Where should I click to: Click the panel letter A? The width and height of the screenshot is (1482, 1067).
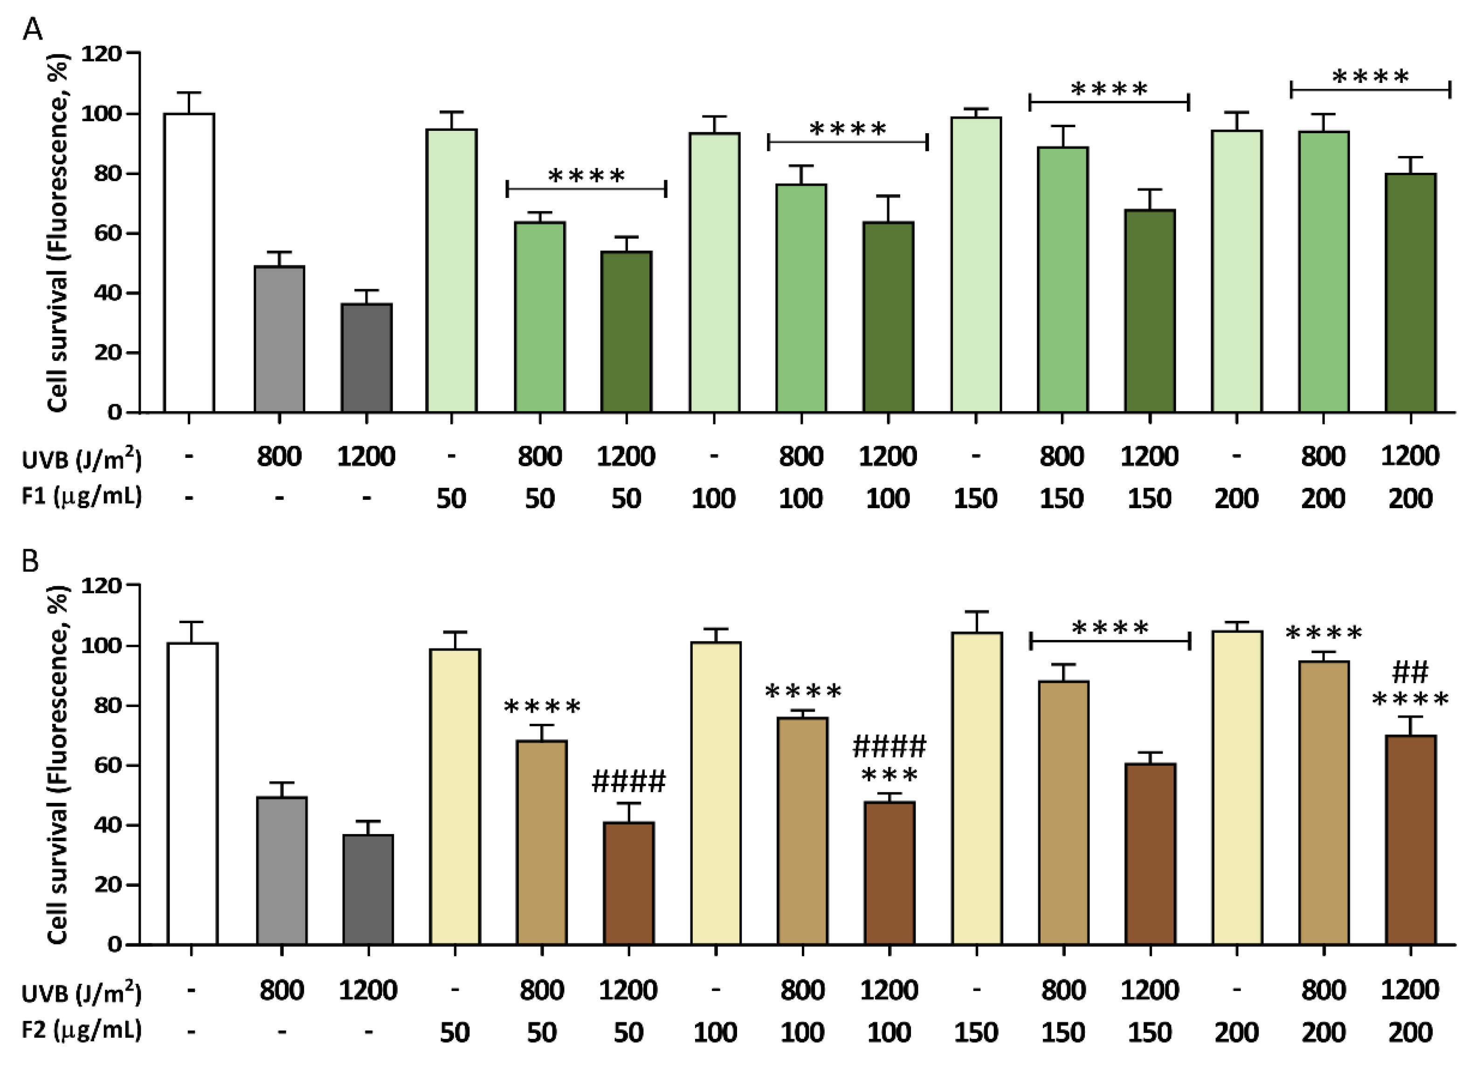coord(32,29)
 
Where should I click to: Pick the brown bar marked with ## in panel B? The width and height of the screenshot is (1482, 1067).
coord(1410,840)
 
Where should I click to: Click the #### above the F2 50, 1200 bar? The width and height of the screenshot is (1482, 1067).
coord(628,781)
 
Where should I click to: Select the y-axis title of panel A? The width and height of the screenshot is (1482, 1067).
coord(59,232)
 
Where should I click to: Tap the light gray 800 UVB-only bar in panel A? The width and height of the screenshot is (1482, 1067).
coord(279,339)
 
